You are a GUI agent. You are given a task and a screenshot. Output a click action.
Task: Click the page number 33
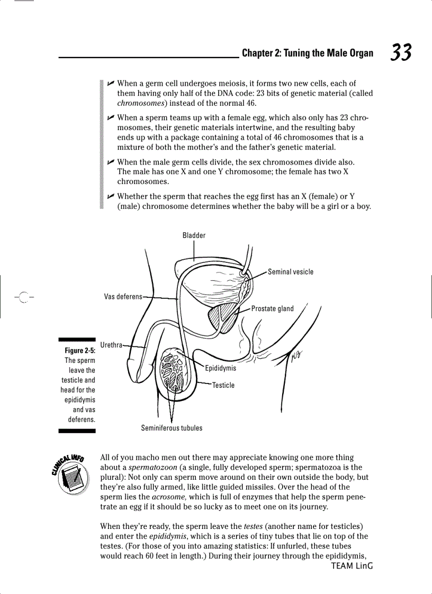(x=401, y=52)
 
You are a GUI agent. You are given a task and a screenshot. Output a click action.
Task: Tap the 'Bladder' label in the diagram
(x=194, y=235)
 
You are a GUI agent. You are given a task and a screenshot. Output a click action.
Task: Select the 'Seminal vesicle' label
(x=290, y=272)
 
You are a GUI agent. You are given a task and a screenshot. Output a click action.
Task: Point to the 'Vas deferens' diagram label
(x=123, y=297)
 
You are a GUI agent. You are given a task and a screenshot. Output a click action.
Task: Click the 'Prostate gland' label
(x=272, y=309)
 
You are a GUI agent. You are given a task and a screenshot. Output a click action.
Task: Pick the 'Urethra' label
(x=111, y=345)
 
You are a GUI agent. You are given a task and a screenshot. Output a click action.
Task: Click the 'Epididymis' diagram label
(x=220, y=368)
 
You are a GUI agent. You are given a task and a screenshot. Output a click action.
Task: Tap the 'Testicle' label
(x=223, y=385)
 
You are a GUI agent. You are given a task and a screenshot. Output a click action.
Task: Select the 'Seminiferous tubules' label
(x=172, y=428)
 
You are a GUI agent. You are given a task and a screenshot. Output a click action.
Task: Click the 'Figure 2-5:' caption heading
(x=79, y=351)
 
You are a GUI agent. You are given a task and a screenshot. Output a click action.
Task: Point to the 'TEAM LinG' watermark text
(x=352, y=566)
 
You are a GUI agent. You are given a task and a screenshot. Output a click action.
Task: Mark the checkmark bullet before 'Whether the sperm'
(x=110, y=196)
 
